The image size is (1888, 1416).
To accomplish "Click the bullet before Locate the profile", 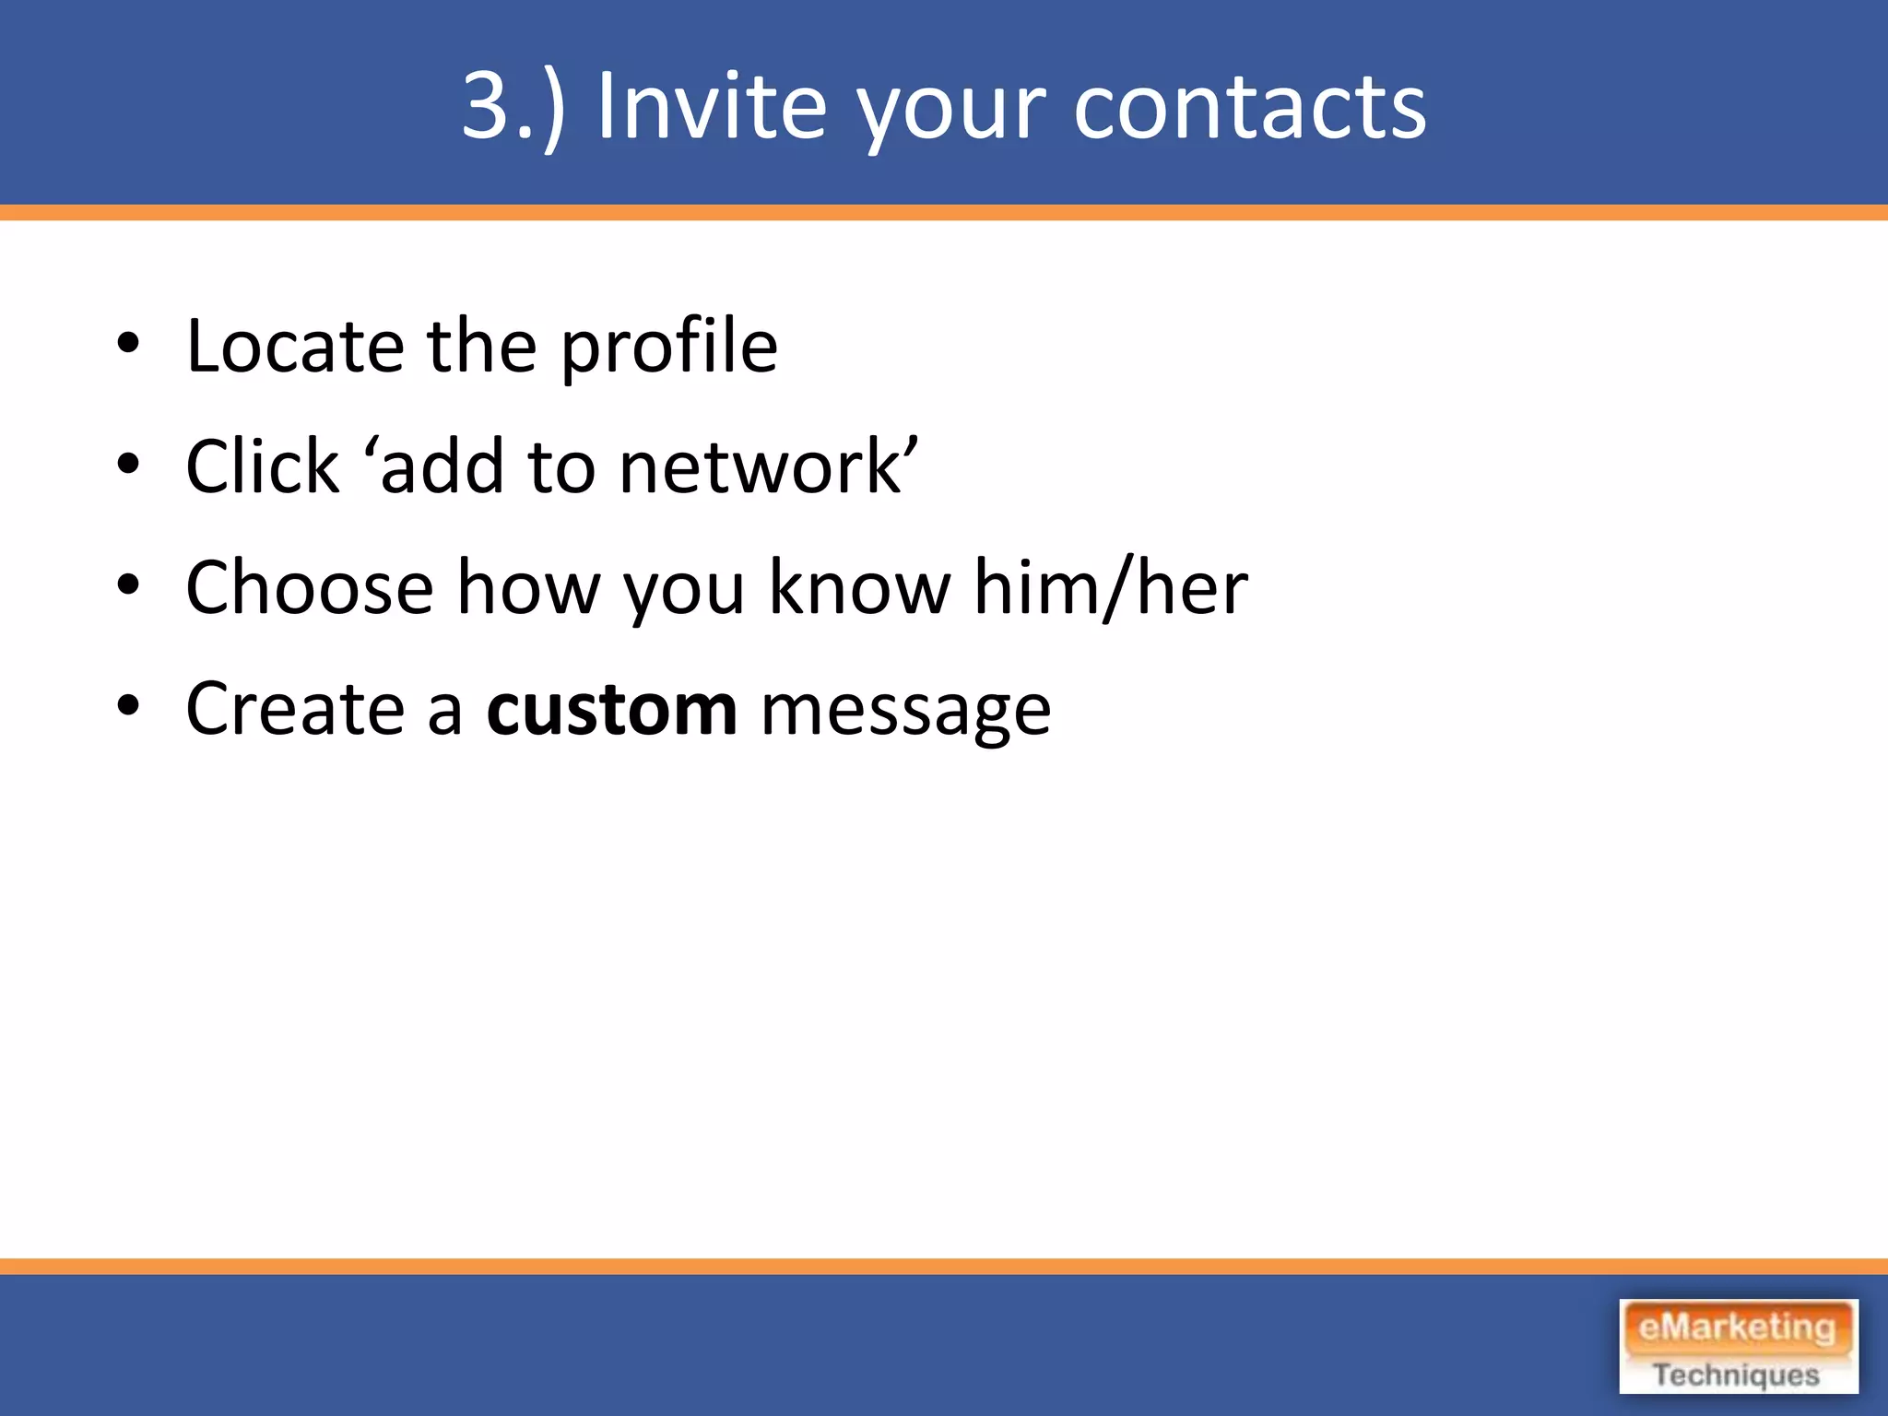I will pyautogui.click(x=128, y=345).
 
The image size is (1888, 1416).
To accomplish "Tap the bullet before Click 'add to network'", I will pyautogui.click(x=128, y=466).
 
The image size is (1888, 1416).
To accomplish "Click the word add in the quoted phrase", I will pyautogui.click(x=442, y=467).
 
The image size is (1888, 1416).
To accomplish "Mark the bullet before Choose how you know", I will pyautogui.click(x=128, y=586).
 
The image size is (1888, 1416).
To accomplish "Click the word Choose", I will pyautogui.click(x=309, y=588).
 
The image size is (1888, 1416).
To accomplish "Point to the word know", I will pyautogui.click(x=859, y=588).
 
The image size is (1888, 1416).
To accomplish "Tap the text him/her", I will pyautogui.click(x=1111, y=588).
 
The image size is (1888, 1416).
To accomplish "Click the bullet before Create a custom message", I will pyautogui.click(x=128, y=707).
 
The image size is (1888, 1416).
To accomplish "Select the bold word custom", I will pyautogui.click(x=612, y=709).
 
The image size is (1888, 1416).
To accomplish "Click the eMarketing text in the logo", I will pyautogui.click(x=1737, y=1328).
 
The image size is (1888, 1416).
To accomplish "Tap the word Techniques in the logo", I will pyautogui.click(x=1737, y=1375).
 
